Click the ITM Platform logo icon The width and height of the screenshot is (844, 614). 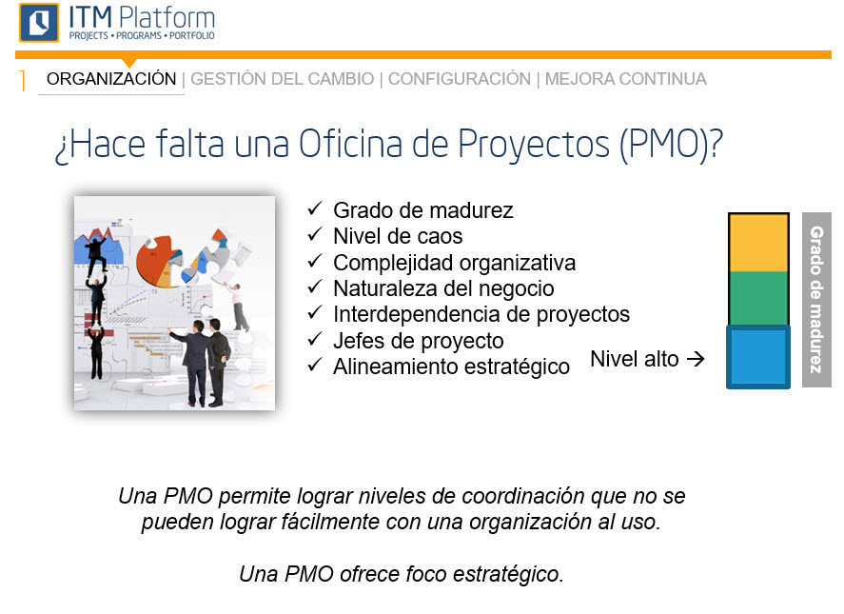38,22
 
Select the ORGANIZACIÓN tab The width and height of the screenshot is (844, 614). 111,79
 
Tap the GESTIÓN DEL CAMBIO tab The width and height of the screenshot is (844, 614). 283,79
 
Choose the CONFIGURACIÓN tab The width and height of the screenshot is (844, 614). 460,79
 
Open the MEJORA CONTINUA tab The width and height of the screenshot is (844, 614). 626,79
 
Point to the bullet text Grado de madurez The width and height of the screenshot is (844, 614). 422,210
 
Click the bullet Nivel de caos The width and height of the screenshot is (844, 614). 398,236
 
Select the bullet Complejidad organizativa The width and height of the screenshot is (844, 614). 454,263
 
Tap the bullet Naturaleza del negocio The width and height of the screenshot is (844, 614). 443,288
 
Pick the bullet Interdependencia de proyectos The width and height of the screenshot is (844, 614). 481,314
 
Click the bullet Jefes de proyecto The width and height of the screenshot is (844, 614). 418,340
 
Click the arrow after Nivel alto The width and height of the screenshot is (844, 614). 696,360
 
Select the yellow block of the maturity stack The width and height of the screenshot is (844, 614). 758,243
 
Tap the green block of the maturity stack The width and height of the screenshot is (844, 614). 758,298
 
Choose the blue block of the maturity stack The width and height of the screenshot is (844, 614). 758,357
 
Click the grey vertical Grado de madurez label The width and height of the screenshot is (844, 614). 816,299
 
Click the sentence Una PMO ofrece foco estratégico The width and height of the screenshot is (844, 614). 401,575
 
